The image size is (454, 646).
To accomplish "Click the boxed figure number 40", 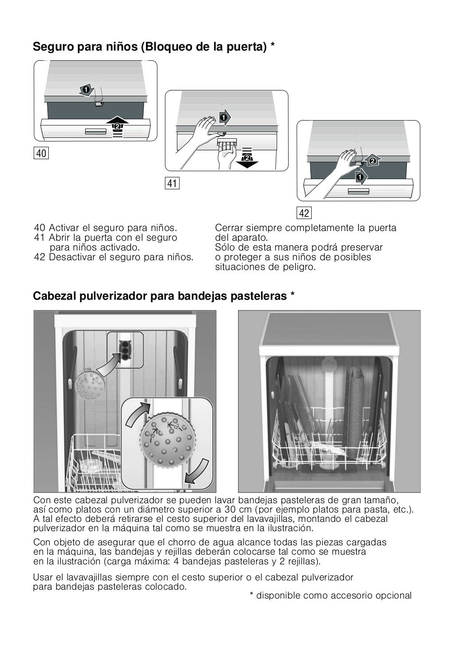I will click(x=41, y=153).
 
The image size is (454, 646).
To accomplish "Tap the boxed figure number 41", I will click(x=172, y=183).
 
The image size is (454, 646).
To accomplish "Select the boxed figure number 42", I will click(x=304, y=213).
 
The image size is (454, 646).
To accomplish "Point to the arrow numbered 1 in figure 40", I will click(x=86, y=90).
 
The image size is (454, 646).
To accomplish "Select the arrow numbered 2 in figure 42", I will click(x=373, y=161).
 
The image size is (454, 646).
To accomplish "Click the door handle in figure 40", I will click(x=96, y=132).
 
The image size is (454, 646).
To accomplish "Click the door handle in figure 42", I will click(x=358, y=192).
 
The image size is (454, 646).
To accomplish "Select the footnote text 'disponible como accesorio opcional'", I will click(x=334, y=595).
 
